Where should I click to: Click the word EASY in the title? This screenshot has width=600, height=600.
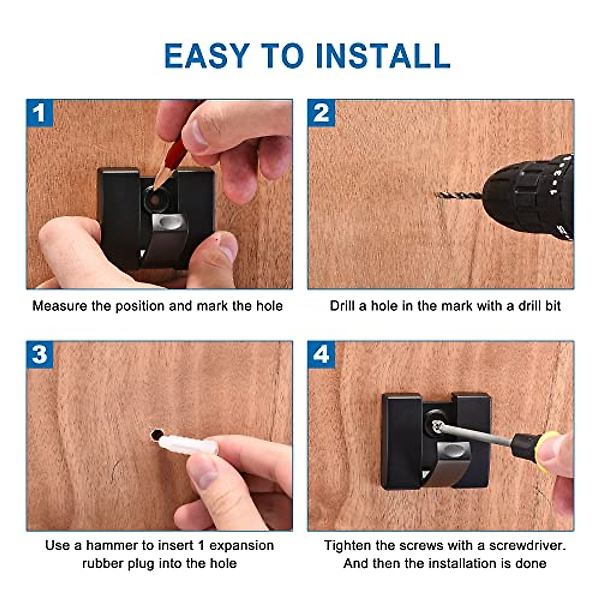tap(206, 55)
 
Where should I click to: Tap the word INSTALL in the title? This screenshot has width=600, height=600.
tap(383, 55)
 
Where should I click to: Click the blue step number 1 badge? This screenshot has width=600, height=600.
tap(39, 112)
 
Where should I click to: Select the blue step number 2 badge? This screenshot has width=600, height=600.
tap(321, 112)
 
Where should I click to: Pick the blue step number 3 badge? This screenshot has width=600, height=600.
tap(39, 354)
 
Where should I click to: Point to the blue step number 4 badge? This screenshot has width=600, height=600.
tap(321, 354)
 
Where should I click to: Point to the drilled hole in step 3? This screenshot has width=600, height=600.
tap(156, 435)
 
